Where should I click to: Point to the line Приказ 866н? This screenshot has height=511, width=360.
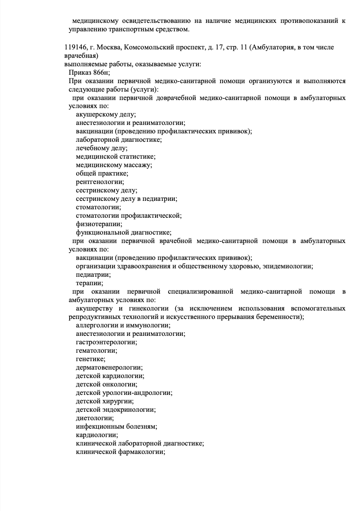89,73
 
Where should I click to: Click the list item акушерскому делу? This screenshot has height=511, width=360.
106,114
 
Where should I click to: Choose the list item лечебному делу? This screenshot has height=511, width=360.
102,148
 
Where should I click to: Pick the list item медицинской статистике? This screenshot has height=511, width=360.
115,157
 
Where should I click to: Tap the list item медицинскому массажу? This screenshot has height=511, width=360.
114,165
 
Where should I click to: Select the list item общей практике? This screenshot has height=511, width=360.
102,174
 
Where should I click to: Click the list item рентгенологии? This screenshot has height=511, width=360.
100,182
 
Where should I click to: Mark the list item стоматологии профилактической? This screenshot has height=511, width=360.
129,216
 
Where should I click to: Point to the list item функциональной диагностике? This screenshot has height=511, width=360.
124,233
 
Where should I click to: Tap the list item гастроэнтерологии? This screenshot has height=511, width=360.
106,342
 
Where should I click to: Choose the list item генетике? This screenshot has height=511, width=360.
91,359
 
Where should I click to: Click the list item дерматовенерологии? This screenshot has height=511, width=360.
109,368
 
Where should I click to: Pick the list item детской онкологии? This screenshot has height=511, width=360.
106,384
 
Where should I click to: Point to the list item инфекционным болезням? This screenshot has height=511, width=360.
116,427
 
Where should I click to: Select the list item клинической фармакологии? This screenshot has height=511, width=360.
121,452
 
